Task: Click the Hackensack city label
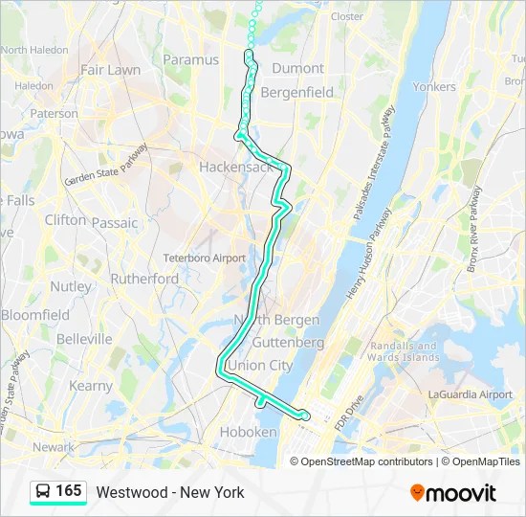236,167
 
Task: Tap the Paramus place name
190,59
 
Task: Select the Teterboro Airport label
204,258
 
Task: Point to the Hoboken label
248,432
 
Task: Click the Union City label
260,365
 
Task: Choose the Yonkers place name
433,86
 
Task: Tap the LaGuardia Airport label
471,394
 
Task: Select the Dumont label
298,68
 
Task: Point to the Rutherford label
144,279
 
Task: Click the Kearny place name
91,386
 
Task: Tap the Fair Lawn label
110,70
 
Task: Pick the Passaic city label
115,222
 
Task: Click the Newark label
53,447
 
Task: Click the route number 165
69,491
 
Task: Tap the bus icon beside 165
44,492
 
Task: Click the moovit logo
453,493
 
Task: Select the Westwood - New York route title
170,492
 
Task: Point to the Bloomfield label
34,314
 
